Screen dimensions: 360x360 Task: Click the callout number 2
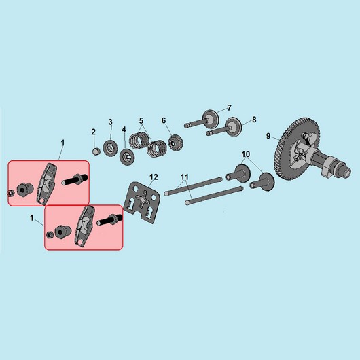93,132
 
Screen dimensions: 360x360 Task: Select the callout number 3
111,122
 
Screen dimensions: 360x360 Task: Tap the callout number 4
124,130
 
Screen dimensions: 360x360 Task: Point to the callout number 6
164,120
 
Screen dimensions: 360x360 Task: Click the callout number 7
229,108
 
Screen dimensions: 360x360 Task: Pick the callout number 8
254,120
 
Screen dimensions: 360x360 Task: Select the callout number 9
268,136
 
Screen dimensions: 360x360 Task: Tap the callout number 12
154,177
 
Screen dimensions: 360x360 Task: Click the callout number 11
184,177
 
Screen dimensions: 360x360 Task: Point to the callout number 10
246,154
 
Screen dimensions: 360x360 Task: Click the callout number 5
141,120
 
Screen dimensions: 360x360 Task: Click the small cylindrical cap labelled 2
96,151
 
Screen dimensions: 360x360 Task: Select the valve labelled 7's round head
211,119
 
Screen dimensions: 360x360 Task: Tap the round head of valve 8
234,127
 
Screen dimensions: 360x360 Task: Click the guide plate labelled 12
142,202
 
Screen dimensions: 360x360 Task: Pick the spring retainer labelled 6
175,143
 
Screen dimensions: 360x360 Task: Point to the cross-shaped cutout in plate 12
143,198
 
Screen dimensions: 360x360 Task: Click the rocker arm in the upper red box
47,183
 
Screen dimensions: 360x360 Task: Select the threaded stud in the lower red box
109,219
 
